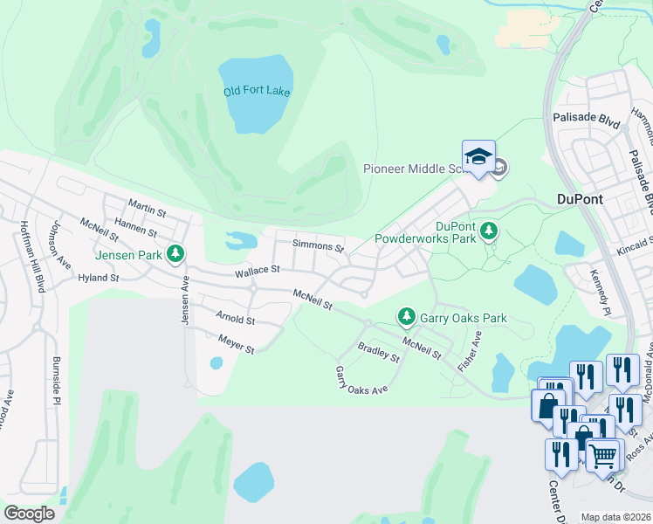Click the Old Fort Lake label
257,92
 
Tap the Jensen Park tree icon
176,253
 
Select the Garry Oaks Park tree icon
405,315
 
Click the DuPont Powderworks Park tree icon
490,231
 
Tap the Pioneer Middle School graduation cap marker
478,157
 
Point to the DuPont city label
580,199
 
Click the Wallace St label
257,272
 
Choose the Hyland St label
98,278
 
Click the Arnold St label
236,320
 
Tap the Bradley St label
378,353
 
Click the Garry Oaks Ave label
361,380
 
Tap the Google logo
29,513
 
